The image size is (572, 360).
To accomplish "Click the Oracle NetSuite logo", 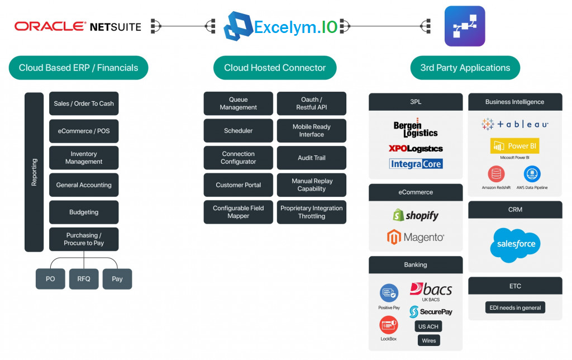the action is point(78,26).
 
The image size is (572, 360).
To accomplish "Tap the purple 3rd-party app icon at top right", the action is point(465,26).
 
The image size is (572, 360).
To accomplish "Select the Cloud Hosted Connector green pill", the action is point(275,68).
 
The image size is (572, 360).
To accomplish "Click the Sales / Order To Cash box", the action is point(84,103).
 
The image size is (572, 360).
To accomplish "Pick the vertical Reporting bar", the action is point(34,172).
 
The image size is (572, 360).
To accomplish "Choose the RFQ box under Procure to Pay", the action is point(84,279).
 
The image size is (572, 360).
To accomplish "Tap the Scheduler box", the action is point(238,130).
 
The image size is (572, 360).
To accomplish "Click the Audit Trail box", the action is point(312,158).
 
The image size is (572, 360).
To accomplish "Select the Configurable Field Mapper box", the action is point(238,212).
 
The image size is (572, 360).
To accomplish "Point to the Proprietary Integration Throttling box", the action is point(312,212).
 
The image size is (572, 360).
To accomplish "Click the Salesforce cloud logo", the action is point(516,245).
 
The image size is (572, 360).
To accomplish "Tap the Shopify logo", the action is point(416,215).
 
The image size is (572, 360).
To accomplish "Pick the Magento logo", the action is point(416,237).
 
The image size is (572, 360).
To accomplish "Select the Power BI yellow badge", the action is point(514,146).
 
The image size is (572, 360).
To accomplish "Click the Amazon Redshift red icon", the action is point(496,174).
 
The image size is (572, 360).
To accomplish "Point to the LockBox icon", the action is point(389,325).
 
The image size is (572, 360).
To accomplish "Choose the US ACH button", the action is point(428,326).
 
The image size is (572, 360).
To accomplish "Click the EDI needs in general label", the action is point(515,307).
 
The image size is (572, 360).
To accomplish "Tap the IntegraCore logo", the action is point(416,164).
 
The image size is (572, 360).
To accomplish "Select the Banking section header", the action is point(416,265).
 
